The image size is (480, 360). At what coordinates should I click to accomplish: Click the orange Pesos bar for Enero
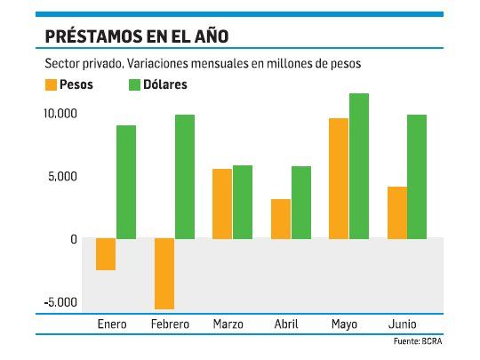coord(106,254)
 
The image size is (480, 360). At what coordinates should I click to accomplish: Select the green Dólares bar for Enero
coord(126,182)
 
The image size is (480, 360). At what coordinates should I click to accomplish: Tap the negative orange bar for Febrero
coord(164,274)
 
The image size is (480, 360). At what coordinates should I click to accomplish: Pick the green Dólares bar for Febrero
coord(184,177)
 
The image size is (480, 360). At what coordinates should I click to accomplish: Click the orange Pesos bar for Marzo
coord(222,204)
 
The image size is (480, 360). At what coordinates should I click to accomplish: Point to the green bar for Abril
coord(301,203)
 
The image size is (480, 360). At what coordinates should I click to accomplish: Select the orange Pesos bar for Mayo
coord(339,179)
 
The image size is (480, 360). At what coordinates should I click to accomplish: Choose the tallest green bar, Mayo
coord(359,166)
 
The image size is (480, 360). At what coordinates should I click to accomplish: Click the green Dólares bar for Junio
coord(417,177)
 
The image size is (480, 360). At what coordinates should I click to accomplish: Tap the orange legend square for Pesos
coord(49,85)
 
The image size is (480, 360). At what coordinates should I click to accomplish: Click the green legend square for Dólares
coord(136,85)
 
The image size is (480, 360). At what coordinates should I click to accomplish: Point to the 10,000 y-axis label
coord(60,115)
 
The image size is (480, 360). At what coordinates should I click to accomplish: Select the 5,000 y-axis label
coord(63,177)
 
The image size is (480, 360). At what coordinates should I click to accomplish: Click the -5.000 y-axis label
coord(60,302)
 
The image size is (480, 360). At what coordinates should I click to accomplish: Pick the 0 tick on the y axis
coord(75,239)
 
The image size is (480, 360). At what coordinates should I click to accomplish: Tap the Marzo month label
coord(228,324)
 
